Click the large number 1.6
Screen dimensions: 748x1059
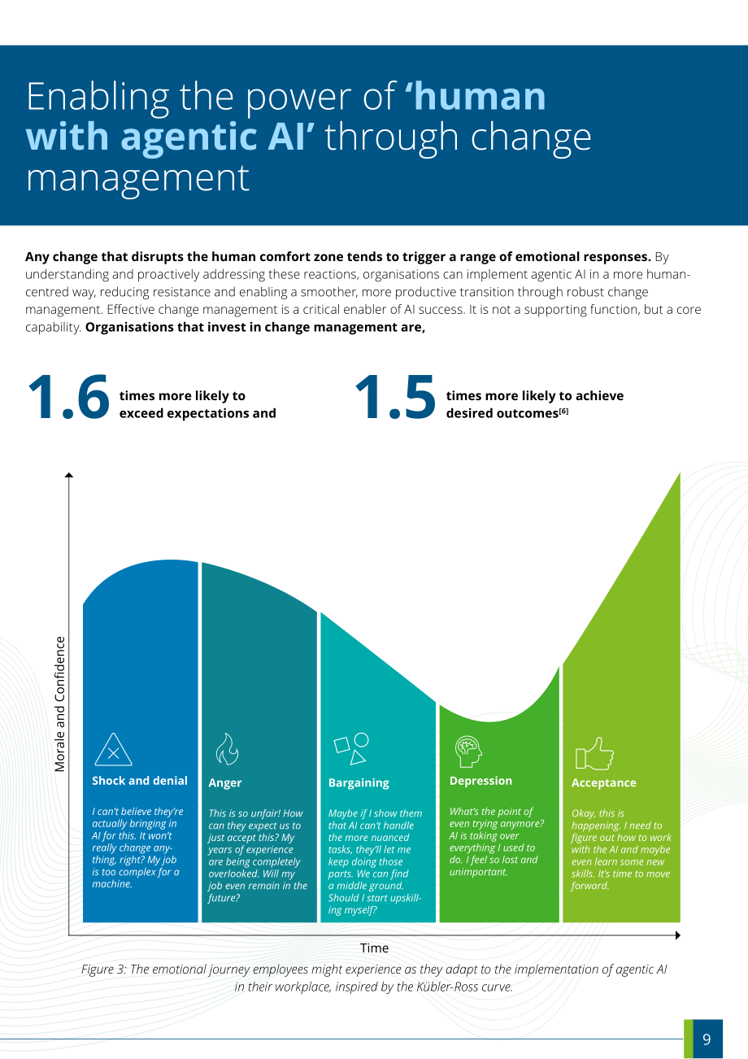(x=69, y=397)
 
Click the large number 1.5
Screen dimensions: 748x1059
(x=395, y=397)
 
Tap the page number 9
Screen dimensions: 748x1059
(x=707, y=1039)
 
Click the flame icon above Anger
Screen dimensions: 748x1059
(x=227, y=749)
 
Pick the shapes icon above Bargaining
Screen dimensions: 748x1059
(x=351, y=748)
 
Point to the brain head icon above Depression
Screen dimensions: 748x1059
(x=468, y=751)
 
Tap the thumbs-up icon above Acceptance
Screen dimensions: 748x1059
(x=594, y=754)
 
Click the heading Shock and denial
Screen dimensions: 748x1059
(x=140, y=781)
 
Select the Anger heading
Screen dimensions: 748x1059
(x=225, y=783)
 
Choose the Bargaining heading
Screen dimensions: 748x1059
(x=359, y=783)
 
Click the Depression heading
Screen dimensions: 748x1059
(x=481, y=781)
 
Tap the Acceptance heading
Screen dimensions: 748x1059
(x=604, y=783)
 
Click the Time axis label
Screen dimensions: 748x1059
(x=374, y=948)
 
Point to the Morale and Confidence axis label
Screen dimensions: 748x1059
(x=59, y=704)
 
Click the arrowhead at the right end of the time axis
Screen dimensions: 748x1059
(x=677, y=935)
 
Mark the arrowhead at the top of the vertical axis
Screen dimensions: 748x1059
(x=69, y=475)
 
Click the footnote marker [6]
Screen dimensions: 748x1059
(x=563, y=411)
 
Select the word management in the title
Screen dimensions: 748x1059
(x=137, y=178)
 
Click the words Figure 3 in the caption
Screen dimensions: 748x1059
(x=103, y=970)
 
